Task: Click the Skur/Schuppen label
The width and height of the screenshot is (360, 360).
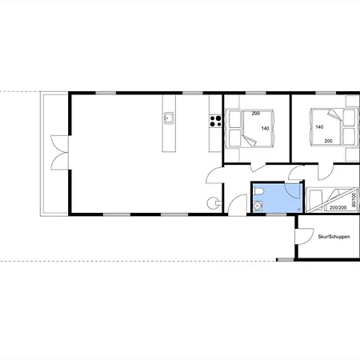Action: click(334, 237)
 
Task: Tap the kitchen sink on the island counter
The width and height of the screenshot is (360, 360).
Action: click(169, 118)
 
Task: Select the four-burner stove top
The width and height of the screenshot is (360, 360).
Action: click(215, 121)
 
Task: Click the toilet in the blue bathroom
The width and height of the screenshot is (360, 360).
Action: click(258, 191)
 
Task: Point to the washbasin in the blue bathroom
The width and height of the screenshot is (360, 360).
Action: click(258, 206)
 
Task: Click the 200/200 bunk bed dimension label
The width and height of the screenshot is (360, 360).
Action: click(338, 207)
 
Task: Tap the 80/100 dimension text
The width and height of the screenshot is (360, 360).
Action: click(354, 200)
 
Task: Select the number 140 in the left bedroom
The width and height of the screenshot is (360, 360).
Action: click(265, 129)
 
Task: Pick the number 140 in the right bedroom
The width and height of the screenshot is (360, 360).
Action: click(319, 127)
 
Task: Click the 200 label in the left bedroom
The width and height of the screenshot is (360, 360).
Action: click(256, 114)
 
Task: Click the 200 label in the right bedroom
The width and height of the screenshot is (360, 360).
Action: click(328, 141)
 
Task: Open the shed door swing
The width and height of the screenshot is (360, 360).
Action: click(305, 236)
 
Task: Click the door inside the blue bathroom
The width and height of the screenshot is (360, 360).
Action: click(293, 190)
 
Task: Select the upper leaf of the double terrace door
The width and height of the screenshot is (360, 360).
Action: click(60, 144)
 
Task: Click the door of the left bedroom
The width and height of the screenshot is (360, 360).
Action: click(258, 167)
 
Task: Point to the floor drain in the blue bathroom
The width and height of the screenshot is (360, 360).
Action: click(298, 209)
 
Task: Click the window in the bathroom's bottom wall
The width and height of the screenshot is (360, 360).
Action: click(276, 214)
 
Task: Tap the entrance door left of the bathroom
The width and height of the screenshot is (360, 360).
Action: click(238, 204)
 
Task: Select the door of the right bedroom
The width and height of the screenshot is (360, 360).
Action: click(326, 171)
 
